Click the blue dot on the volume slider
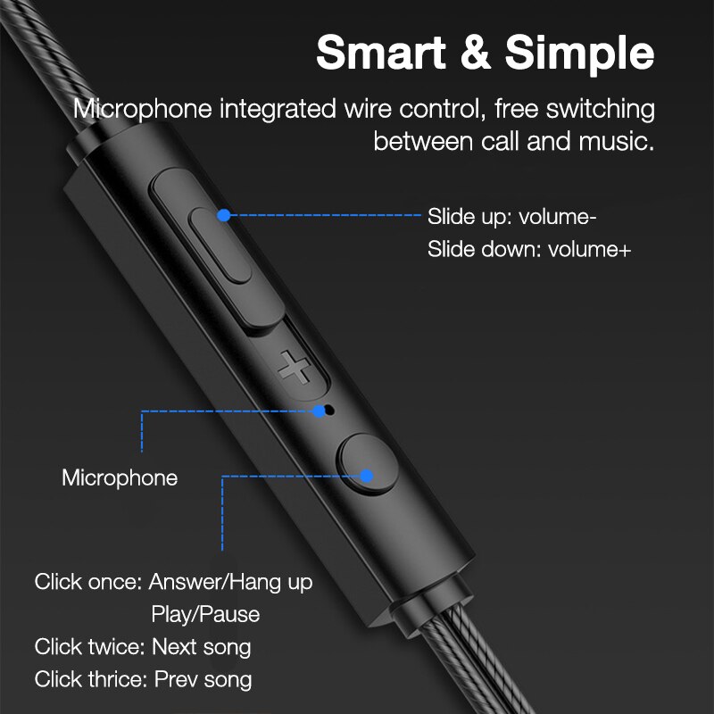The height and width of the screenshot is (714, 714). (224, 215)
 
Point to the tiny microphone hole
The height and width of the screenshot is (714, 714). (328, 411)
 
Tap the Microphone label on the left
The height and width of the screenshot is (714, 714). (120, 477)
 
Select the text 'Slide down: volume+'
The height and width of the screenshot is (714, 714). (529, 249)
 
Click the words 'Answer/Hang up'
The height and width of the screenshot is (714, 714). (231, 583)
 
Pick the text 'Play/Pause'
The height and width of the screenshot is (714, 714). (206, 615)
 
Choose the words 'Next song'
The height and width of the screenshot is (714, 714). (202, 647)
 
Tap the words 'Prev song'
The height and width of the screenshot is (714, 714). (203, 679)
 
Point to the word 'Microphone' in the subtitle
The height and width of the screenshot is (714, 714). (144, 110)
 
